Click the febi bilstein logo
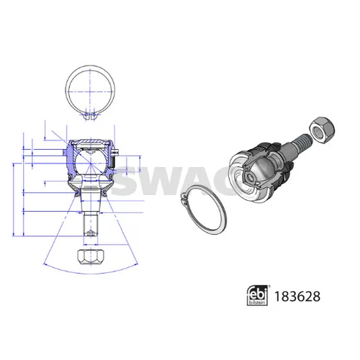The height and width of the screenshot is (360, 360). click(x=257, y=295)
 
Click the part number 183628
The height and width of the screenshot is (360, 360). click(x=297, y=297)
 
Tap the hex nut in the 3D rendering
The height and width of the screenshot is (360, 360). click(x=322, y=130)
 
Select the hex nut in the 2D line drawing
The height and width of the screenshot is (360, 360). click(x=91, y=257)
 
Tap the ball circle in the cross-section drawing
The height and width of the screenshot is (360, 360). click(x=91, y=163)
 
